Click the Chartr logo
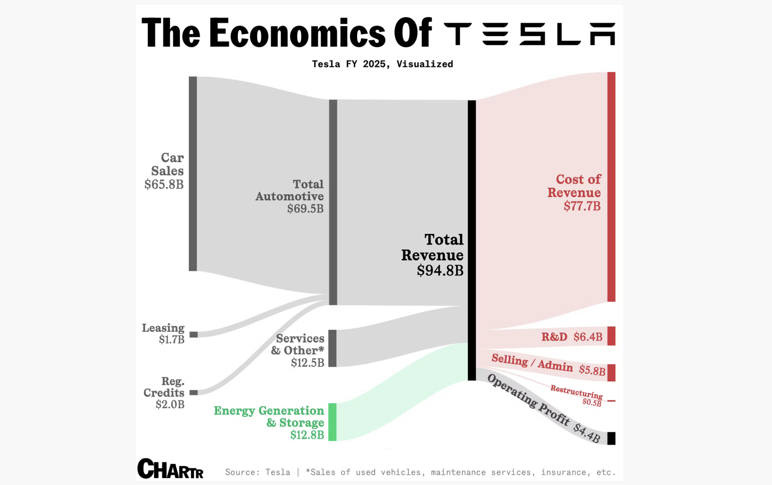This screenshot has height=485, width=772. point(170,469)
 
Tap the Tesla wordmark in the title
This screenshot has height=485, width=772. point(529,34)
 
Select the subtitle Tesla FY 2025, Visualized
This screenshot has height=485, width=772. point(382,64)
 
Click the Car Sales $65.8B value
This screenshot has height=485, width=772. point(164,185)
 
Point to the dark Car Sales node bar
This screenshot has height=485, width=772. point(193,173)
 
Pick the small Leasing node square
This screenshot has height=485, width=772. point(194,335)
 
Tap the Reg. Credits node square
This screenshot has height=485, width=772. point(194,393)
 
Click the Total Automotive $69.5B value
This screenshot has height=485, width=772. point(305,209)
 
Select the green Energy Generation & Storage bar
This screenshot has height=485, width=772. point(332,422)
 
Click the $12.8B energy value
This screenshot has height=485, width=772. point(307,435)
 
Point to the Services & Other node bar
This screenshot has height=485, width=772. point(332,349)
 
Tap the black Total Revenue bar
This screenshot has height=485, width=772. point(472,240)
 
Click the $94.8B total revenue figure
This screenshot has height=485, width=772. point(440,271)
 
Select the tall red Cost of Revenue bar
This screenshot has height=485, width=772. point(611,187)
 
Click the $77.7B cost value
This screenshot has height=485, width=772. point(582,206)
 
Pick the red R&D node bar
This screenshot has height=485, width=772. point(611,336)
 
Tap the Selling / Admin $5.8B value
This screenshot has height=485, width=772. point(592,370)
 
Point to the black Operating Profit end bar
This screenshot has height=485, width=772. point(611,438)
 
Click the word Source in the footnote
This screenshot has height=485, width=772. point(240,472)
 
